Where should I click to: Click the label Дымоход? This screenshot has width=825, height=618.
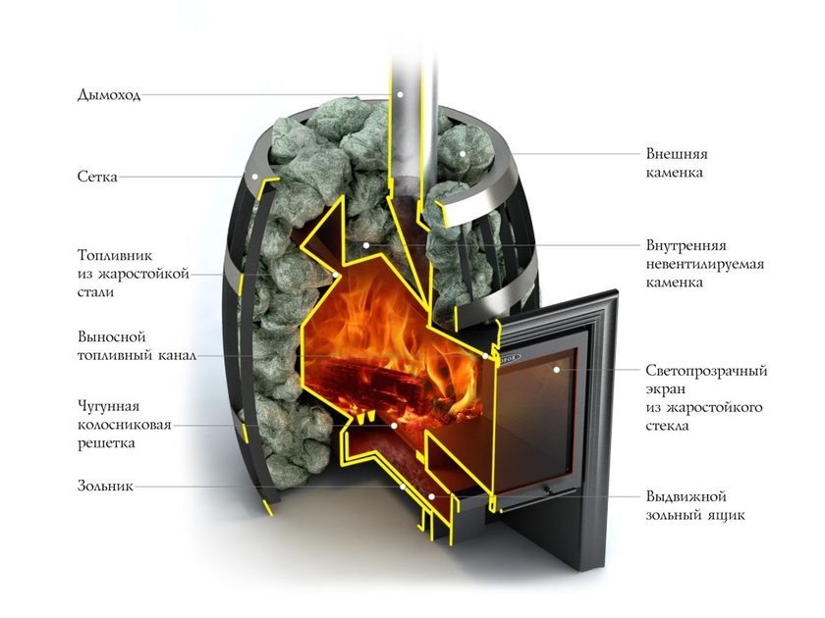point(109,95)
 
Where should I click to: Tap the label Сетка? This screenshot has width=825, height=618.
point(97,176)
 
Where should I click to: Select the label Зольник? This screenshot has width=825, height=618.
point(105,486)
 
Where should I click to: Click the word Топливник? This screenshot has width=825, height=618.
point(115,255)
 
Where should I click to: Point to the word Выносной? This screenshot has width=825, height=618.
point(112,336)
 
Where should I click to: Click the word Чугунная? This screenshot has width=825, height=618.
point(108,406)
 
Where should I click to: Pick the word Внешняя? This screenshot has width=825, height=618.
point(677,154)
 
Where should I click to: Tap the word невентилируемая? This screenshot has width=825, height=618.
point(704,264)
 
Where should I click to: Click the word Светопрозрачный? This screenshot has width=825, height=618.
point(706,371)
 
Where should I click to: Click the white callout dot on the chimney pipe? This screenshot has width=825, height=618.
point(400,94)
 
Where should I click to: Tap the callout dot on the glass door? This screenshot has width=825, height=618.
point(556,370)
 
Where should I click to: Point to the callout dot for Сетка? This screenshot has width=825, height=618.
point(255,177)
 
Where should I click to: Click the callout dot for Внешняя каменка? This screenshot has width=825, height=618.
point(462,154)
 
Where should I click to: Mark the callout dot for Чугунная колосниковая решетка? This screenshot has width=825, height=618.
point(394,425)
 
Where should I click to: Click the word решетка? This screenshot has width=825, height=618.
point(106,443)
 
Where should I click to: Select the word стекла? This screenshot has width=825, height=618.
point(667,425)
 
